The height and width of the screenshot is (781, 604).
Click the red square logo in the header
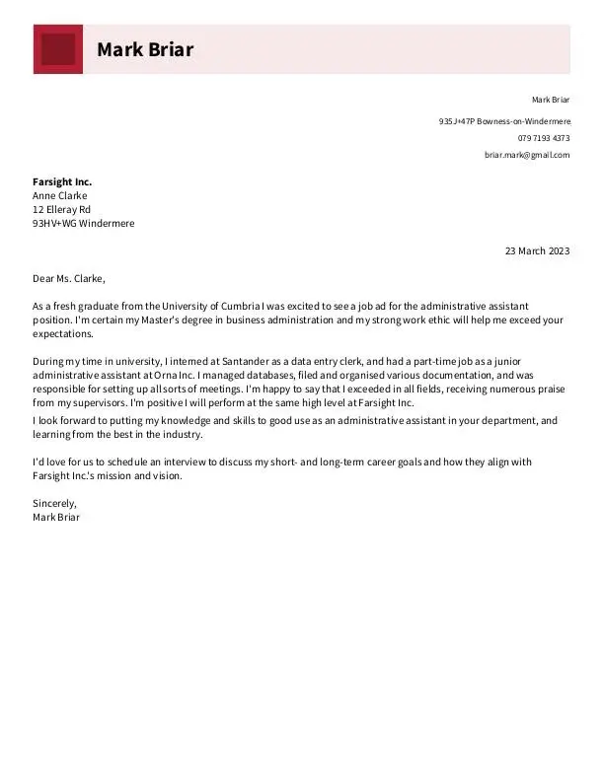coord(58,49)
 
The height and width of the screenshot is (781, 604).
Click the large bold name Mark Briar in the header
coord(145,49)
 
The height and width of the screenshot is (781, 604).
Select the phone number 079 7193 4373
coord(544,138)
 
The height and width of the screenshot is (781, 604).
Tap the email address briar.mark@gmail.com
coord(527,155)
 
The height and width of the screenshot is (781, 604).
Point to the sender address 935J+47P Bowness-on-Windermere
coord(504,121)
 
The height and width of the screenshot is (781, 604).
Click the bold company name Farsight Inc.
coord(62,182)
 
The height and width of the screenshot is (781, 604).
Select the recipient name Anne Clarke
coord(60,196)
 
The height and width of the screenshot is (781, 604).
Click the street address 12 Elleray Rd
coord(61,210)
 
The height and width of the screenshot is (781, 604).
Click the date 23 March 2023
coord(537,251)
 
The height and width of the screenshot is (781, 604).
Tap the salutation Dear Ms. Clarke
coord(68,279)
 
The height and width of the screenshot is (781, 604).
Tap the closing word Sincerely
coord(54,504)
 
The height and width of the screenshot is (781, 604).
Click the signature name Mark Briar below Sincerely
coord(56,518)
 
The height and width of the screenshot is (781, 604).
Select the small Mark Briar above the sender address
coord(551,100)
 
